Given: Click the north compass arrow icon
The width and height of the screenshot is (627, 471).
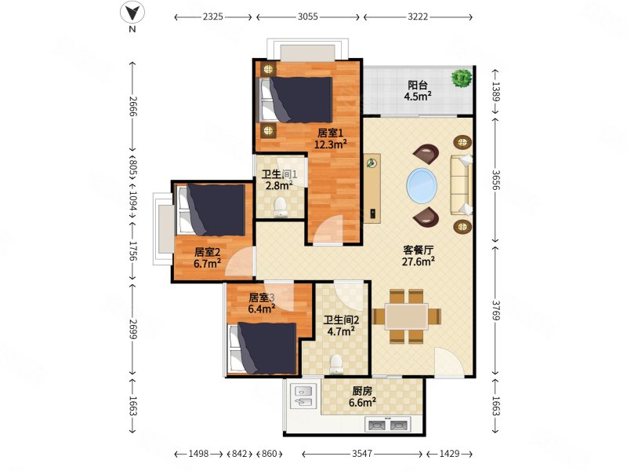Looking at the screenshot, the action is pyautogui.click(x=132, y=13).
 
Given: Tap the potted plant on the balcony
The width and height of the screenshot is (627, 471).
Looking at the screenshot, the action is pyautogui.click(x=462, y=78).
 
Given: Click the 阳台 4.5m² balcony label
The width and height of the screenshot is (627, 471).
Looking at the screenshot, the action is pyautogui.click(x=418, y=90).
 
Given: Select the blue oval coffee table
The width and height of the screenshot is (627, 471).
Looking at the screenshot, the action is pyautogui.click(x=422, y=186).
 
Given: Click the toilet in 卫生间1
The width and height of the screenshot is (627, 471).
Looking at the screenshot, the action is pyautogui.click(x=281, y=207).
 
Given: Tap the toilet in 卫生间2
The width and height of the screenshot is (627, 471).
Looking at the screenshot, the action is pyautogui.click(x=336, y=364).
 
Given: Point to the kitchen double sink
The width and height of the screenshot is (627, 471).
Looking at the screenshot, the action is pyautogui.click(x=303, y=396).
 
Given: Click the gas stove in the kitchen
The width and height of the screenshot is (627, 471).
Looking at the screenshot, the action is pyautogui.click(x=387, y=425).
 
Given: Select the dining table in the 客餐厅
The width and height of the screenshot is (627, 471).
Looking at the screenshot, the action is pyautogui.click(x=407, y=316).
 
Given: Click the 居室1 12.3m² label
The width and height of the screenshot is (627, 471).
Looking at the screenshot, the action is pyautogui.click(x=330, y=138).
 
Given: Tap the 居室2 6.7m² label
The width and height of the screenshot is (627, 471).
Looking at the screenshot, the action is pyautogui.click(x=207, y=257).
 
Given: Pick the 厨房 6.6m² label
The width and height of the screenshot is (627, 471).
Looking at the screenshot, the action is pyautogui.click(x=362, y=396).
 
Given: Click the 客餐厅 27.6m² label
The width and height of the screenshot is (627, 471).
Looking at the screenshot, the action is pyautogui.click(x=418, y=256).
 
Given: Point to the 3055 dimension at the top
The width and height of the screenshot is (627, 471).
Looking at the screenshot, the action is pyautogui.click(x=308, y=16).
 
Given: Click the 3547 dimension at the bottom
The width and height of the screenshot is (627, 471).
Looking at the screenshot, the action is pyautogui.click(x=362, y=454).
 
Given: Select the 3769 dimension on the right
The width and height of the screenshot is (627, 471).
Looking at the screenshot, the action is pyautogui.click(x=496, y=310).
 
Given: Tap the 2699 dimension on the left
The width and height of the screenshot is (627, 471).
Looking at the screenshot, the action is pyautogui.click(x=132, y=329).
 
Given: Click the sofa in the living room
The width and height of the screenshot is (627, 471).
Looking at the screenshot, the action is pyautogui.click(x=462, y=185).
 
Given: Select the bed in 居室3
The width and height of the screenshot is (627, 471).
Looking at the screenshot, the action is pyautogui.click(x=263, y=348).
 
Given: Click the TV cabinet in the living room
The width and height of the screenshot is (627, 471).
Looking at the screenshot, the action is pyautogui.click(x=371, y=188).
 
